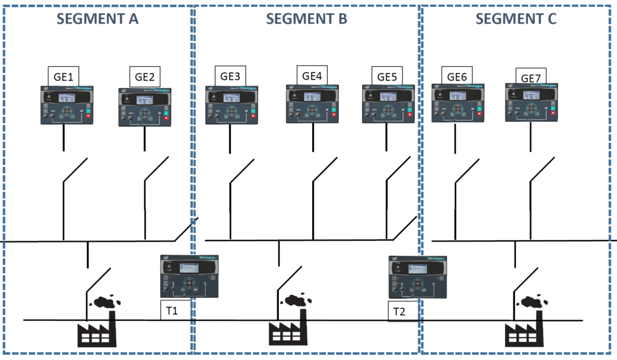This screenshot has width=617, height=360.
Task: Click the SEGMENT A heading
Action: pyautogui.click(x=98, y=19)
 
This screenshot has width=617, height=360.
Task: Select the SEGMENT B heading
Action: pyautogui.click(x=306, y=19)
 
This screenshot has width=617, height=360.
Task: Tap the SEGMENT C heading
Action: pyautogui.click(x=516, y=19)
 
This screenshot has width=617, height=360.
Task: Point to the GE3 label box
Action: pyautogui.click(x=230, y=77)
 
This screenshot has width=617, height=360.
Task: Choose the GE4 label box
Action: pyautogui.click(x=312, y=75)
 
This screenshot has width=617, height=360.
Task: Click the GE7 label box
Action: pyautogui.click(x=531, y=77)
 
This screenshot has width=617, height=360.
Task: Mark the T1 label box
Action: pyautogui.click(x=175, y=311)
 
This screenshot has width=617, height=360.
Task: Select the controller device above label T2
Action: pyautogui.click(x=419, y=277)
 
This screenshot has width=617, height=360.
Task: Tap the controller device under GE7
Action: pyautogui.click(x=530, y=103)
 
